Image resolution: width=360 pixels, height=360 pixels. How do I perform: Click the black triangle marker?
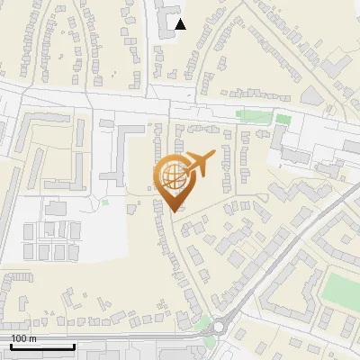[181, 23]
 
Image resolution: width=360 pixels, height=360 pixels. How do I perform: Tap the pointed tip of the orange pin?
[174, 211]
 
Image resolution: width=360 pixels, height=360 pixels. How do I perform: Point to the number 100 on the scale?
[19, 338]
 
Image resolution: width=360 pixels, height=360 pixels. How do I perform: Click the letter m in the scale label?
[32, 338]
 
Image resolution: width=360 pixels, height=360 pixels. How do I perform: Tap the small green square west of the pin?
[105, 202]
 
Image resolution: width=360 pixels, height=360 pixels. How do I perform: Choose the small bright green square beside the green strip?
[283, 119]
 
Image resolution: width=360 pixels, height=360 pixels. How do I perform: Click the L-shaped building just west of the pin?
[117, 153]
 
